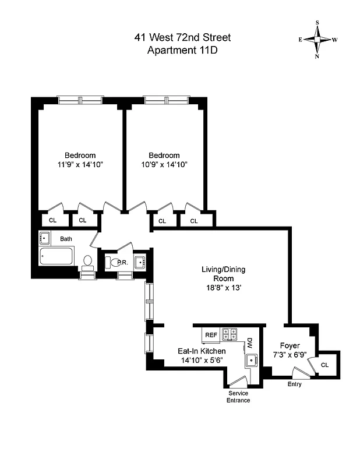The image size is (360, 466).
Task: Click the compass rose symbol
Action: pos(318,40)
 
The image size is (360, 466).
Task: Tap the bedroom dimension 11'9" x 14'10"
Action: pos(80,165)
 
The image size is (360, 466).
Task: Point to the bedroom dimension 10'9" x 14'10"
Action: pos(164,165)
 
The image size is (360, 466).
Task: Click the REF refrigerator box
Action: pos(210,335)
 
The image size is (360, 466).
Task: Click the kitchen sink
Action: pos(252,360)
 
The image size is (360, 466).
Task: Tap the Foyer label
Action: pos(290,345)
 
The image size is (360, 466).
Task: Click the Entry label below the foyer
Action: pos(295,384)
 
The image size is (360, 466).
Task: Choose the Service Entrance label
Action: pos(238,397)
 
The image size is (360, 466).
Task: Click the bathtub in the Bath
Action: pos(57,256)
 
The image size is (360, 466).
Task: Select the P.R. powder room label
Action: pos(123,263)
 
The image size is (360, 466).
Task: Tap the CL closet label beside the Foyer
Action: pos(324,365)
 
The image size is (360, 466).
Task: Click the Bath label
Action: pos(65,238)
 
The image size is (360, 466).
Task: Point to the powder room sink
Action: pos(140,263)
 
